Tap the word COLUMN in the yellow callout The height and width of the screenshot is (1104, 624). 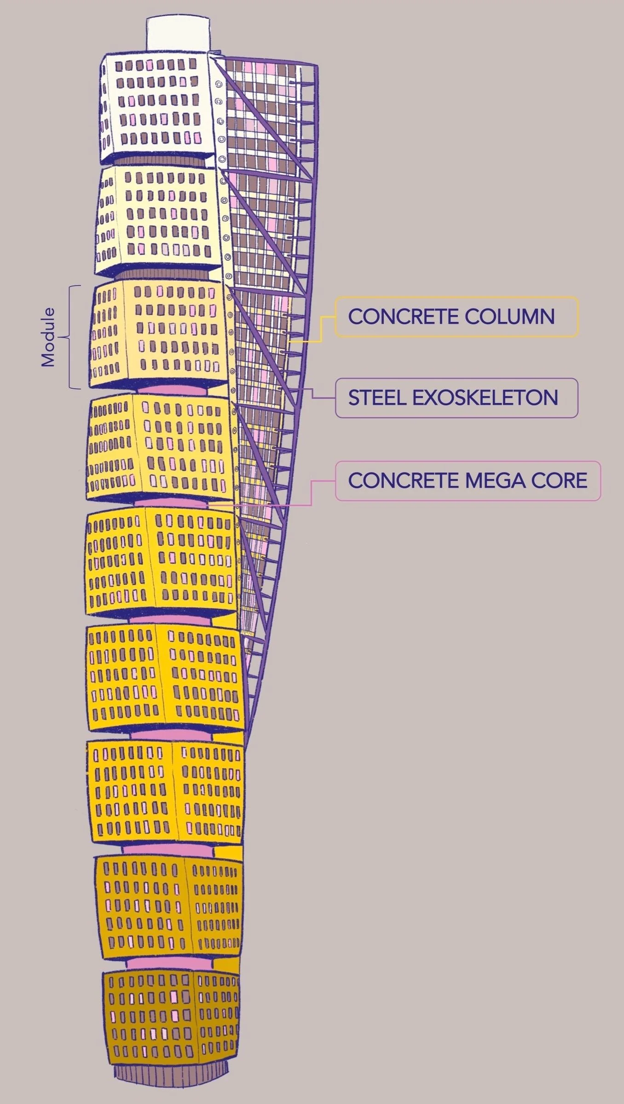[x=509, y=317]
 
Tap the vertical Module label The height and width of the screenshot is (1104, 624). [x=48, y=337]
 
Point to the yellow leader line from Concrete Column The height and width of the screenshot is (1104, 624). [x=321, y=329]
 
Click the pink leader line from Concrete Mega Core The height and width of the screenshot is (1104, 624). [x=312, y=493]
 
